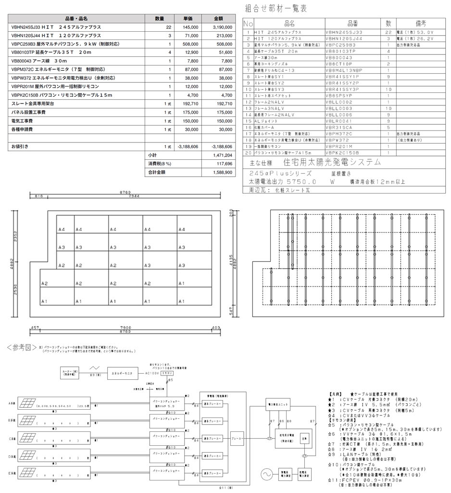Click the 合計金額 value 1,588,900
pyautogui.click(x=222, y=172)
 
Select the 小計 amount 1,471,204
pyautogui.click(x=222, y=156)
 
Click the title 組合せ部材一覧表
pyautogui.click(x=276, y=8)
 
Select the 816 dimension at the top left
pyautogui.click(x=39, y=196)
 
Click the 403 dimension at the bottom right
pyautogui.click(x=215, y=327)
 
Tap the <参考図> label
pyautogui.click(x=21, y=347)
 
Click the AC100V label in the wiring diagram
pyautogui.click(x=152, y=373)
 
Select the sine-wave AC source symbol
pyautogui.click(x=266, y=474)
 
